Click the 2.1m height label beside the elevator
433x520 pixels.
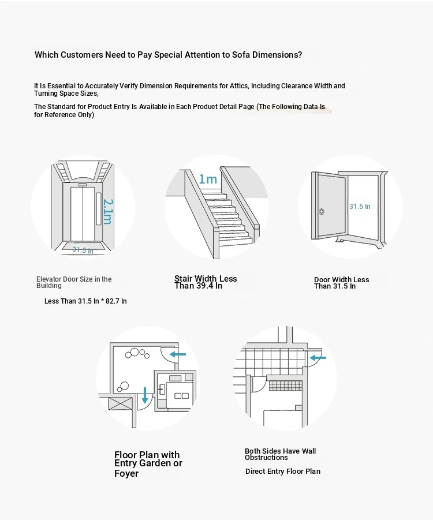108,212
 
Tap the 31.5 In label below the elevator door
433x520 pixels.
83,250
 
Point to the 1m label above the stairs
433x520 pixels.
208,179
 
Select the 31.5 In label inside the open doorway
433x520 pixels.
360,206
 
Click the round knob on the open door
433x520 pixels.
322,211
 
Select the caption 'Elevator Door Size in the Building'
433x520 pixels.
74,282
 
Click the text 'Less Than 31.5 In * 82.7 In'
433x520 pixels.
85,301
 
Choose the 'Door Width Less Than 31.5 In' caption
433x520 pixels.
341,283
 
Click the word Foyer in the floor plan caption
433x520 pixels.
126,474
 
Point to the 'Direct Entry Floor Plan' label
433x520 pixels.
283,472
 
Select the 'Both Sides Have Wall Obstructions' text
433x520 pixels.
281,454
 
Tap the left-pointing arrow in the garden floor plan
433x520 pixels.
178,354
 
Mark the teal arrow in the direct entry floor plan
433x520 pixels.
318,358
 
